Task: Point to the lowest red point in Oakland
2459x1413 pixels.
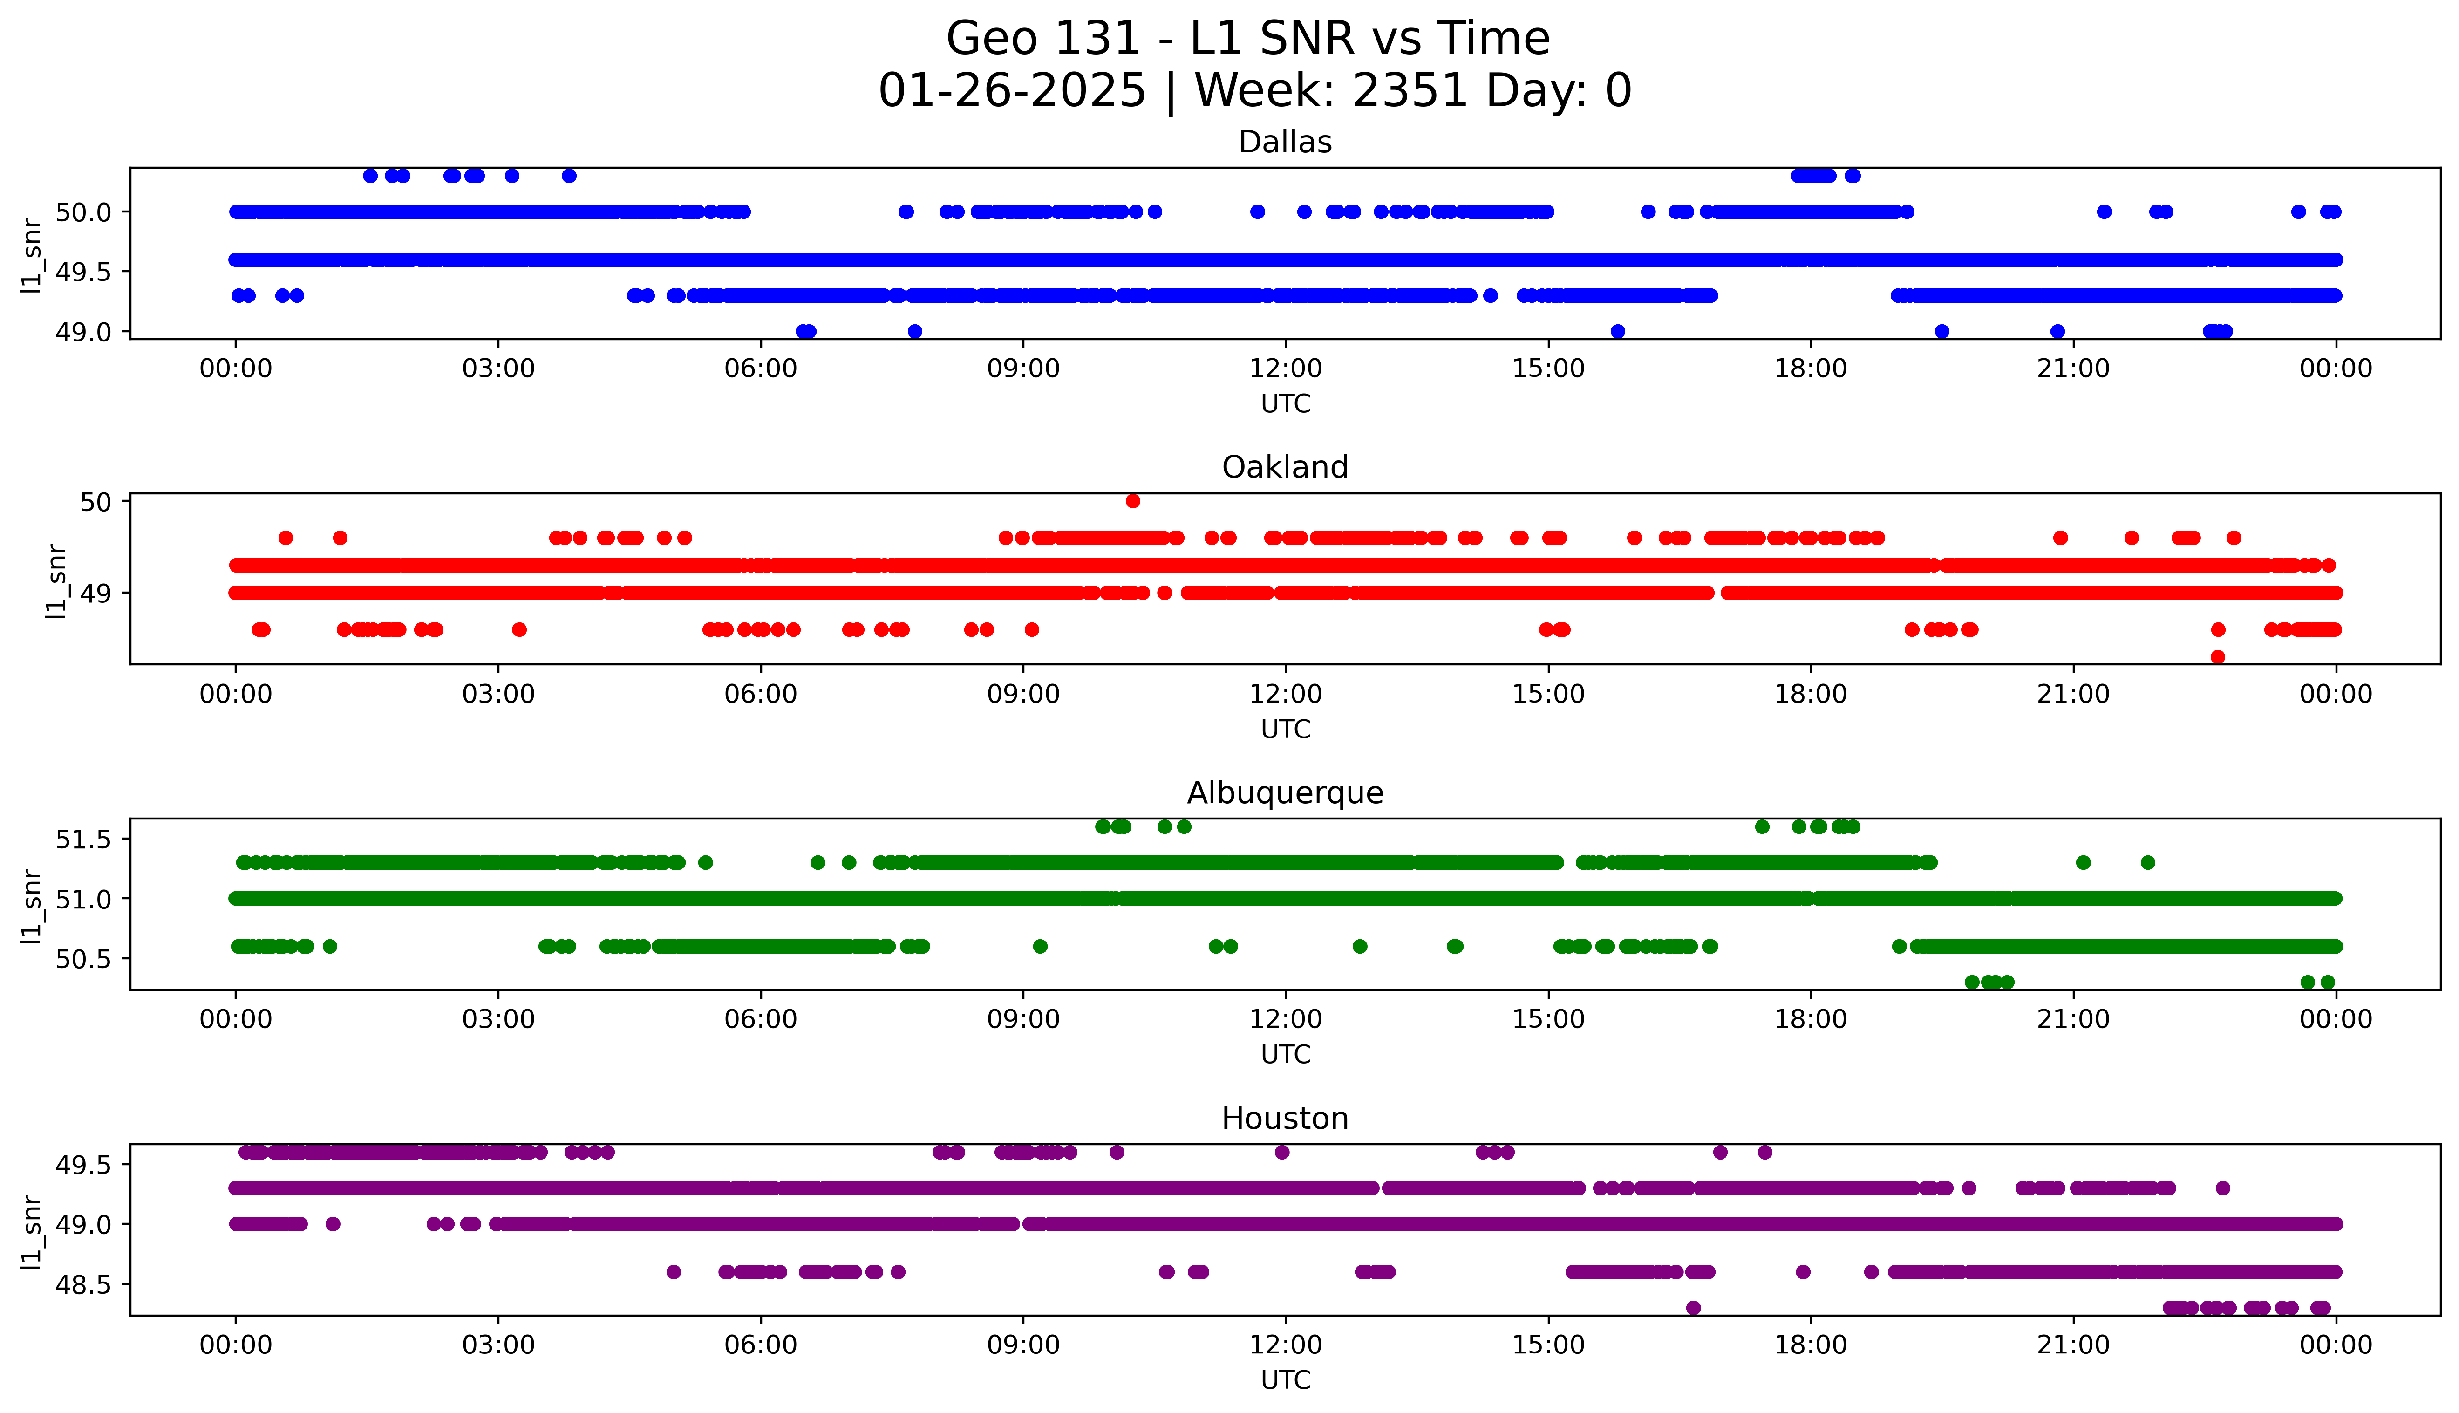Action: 2217,657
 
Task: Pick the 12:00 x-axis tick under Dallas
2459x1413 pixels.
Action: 1285,369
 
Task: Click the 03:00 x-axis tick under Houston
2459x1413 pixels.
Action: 498,1345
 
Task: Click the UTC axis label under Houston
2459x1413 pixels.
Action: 1285,1380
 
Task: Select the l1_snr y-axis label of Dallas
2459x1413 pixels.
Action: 32,254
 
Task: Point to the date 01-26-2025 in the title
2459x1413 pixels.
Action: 1012,91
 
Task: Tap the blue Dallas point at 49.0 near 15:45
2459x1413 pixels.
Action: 1617,332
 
